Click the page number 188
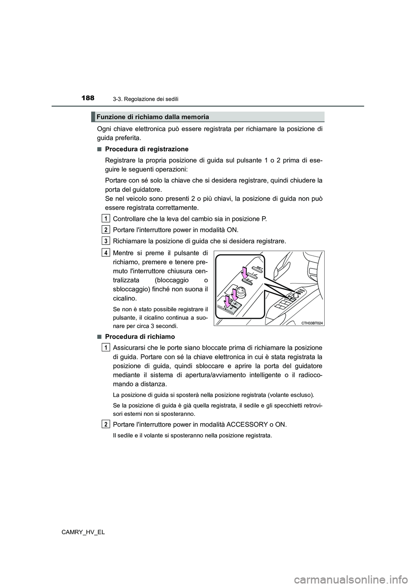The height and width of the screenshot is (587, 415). [x=87, y=98]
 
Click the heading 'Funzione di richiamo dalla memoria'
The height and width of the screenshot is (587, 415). [x=153, y=117]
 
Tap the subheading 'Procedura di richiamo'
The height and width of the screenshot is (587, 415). [x=140, y=336]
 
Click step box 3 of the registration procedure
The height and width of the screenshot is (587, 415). [x=105, y=240]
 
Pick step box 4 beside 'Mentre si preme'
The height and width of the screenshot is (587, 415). [x=105, y=252]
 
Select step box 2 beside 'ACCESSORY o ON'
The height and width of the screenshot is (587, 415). [x=105, y=424]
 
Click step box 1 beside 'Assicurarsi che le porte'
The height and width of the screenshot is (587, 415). [x=105, y=347]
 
